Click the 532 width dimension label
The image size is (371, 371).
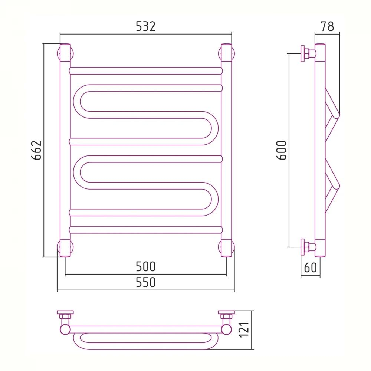(x=146, y=26)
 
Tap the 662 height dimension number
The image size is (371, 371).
(x=36, y=150)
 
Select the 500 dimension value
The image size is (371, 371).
(x=146, y=267)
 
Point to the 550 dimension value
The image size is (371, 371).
(x=146, y=282)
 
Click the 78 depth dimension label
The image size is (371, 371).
(x=327, y=26)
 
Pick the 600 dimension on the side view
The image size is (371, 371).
(x=282, y=150)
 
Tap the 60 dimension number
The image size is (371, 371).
(x=310, y=267)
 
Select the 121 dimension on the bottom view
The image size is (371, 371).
(x=244, y=329)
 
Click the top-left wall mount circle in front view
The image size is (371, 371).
(x=65, y=53)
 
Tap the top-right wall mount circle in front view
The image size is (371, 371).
(x=226, y=53)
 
